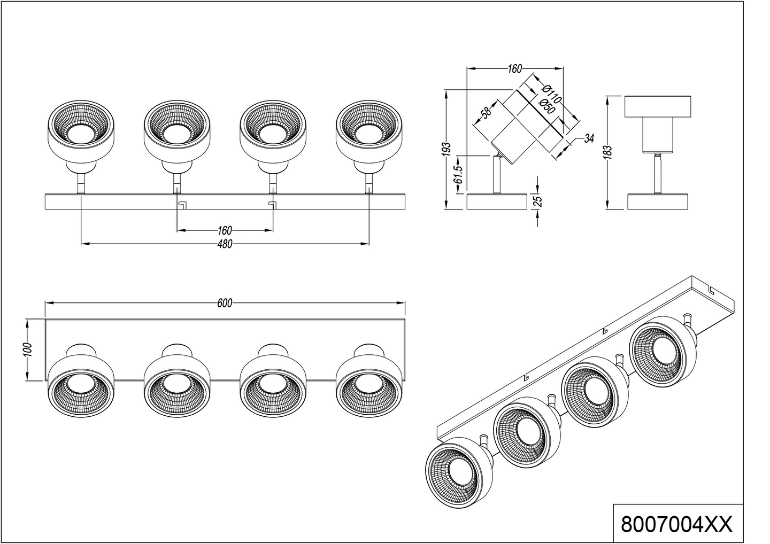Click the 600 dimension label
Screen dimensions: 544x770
click(x=225, y=303)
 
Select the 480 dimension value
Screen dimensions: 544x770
click(x=225, y=244)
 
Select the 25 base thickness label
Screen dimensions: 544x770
click(x=538, y=201)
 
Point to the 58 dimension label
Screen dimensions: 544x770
click(x=486, y=113)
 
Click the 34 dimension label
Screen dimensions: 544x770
click(x=589, y=139)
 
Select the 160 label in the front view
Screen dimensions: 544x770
click(x=225, y=231)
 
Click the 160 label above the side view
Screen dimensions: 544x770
click(x=514, y=69)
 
